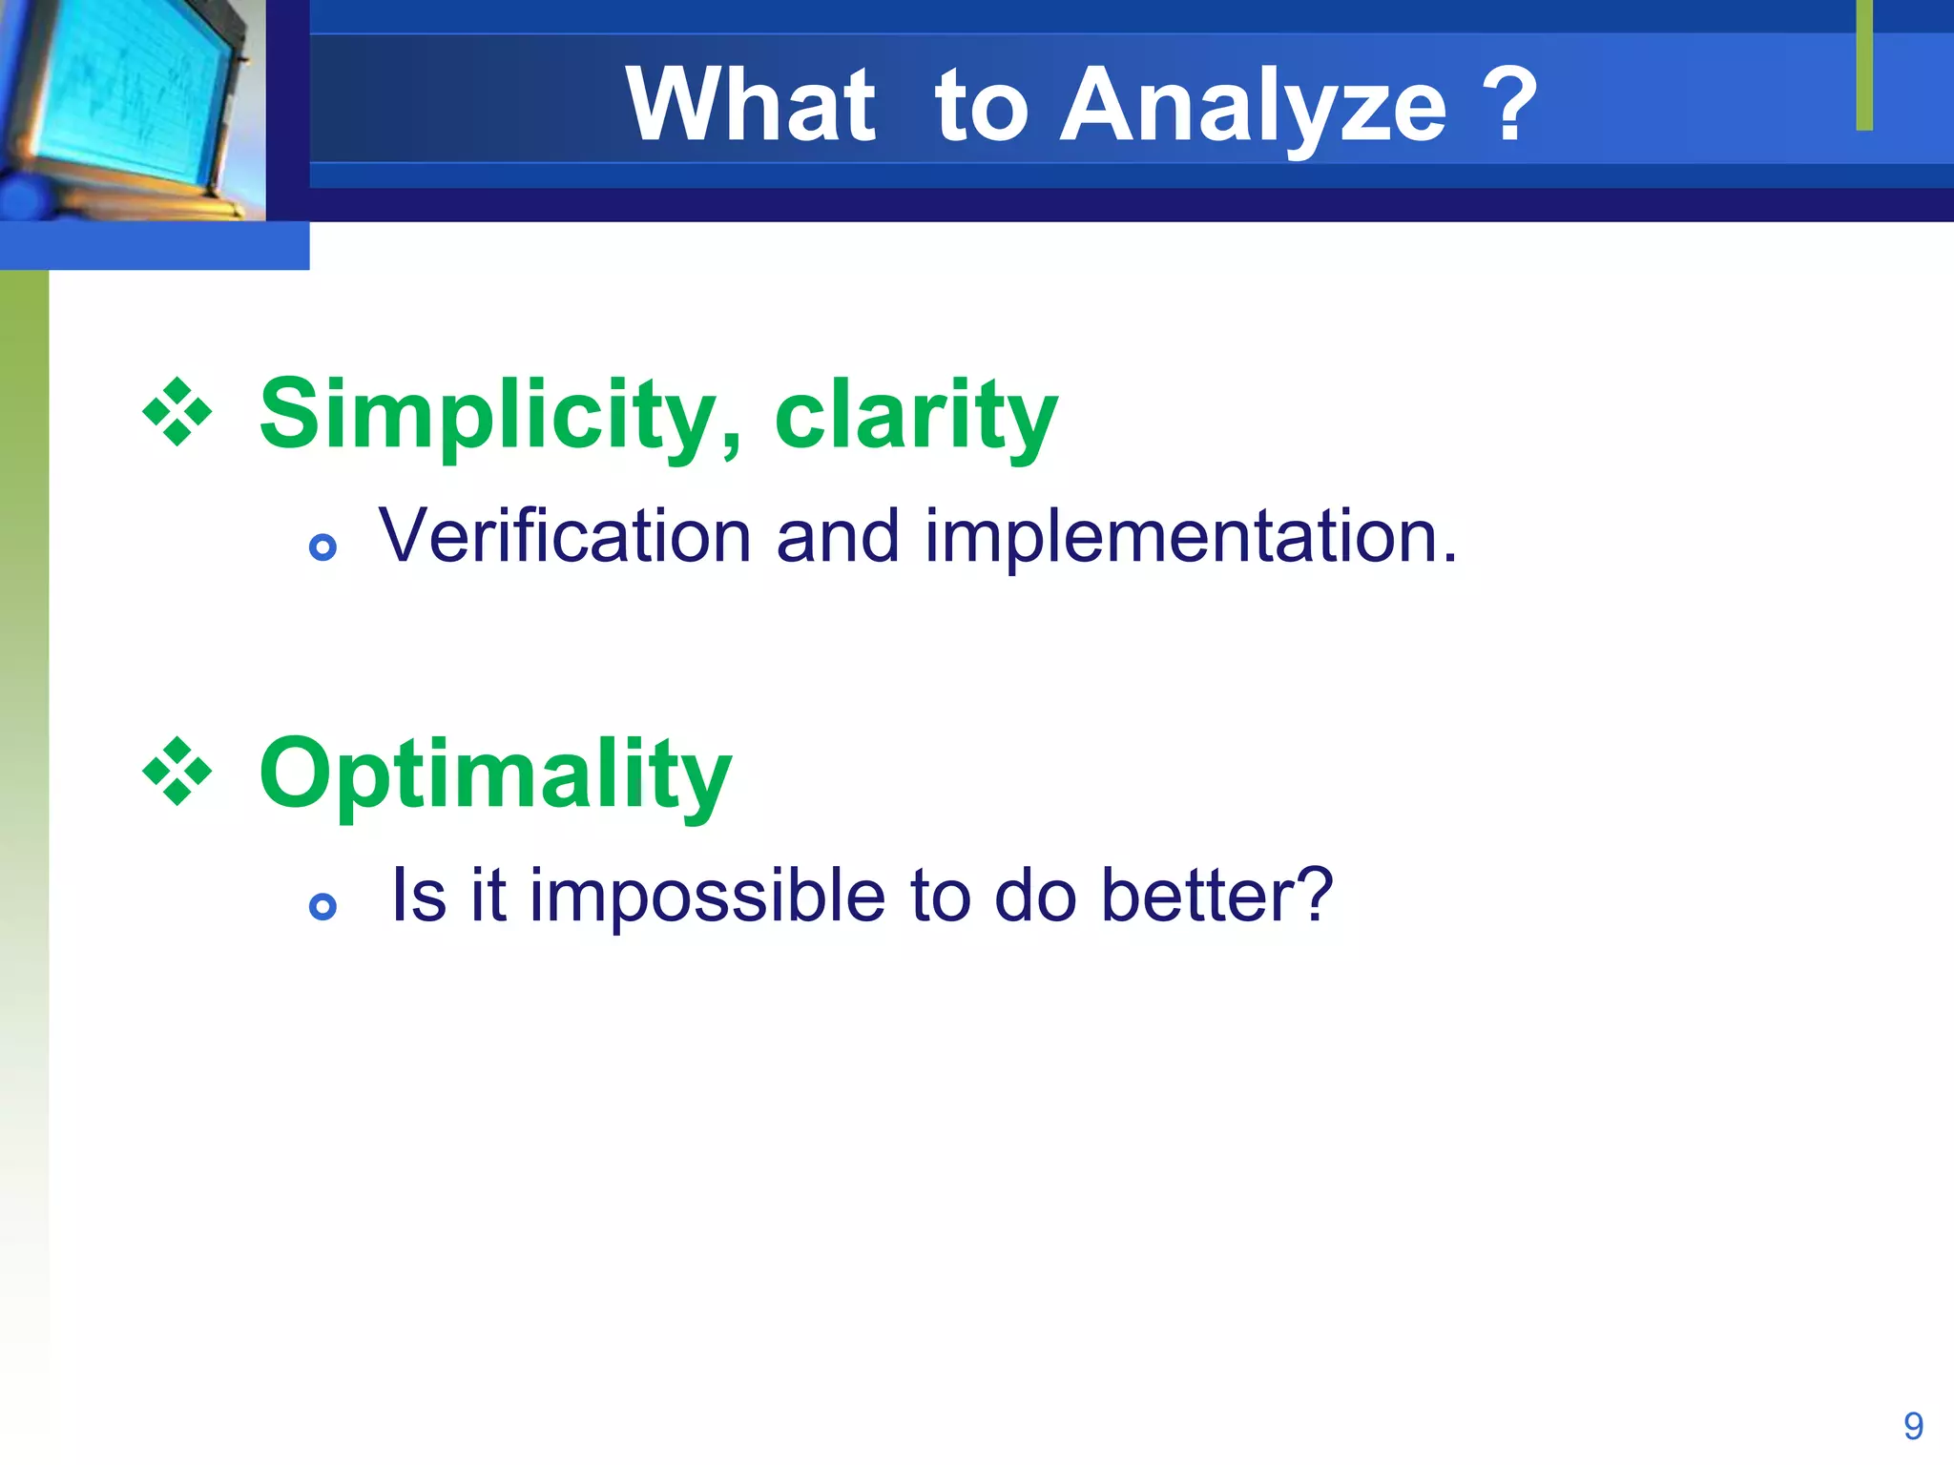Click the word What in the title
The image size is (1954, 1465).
click(750, 104)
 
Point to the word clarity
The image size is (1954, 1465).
click(917, 417)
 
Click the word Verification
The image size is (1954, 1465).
click(565, 536)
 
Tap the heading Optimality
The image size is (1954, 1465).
click(495, 776)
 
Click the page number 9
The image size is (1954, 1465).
click(1913, 1426)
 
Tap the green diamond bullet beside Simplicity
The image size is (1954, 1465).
click(177, 412)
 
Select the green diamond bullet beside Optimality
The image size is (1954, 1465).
click(177, 771)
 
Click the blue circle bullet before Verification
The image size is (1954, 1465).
click(323, 547)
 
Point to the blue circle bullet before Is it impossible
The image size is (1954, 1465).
click(323, 906)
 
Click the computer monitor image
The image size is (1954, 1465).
click(133, 111)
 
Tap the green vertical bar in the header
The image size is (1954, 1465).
click(1864, 65)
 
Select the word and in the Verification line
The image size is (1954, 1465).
click(838, 536)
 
